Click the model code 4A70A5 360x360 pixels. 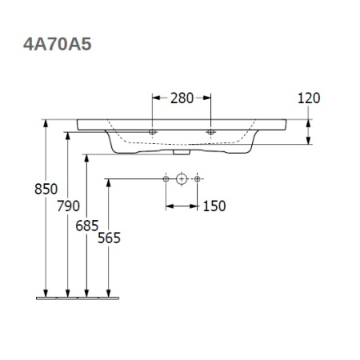(x=57, y=45)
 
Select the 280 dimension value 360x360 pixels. (x=182, y=98)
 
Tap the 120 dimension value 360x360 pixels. (x=308, y=98)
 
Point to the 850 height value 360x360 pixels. (x=46, y=190)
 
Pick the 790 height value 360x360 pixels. (x=69, y=206)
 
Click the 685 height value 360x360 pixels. (x=88, y=226)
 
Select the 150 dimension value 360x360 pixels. (x=214, y=206)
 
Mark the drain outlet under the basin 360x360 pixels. (x=182, y=150)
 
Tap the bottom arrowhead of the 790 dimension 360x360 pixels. (x=68, y=292)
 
